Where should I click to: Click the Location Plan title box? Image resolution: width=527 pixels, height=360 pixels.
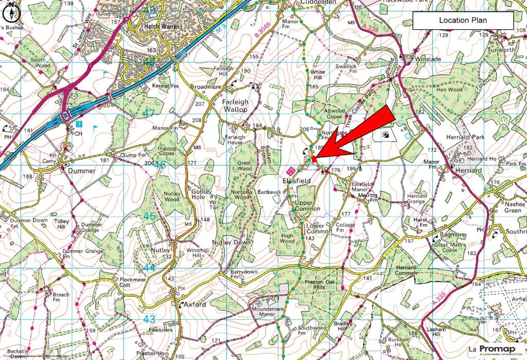click(x=463, y=21)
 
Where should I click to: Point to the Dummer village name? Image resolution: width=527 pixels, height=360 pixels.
click(x=82, y=171)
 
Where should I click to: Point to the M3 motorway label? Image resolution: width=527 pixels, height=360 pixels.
click(x=220, y=31)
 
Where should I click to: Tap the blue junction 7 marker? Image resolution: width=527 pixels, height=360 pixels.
click(x=79, y=124)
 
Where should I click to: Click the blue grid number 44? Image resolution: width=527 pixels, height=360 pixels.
click(x=149, y=268)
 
